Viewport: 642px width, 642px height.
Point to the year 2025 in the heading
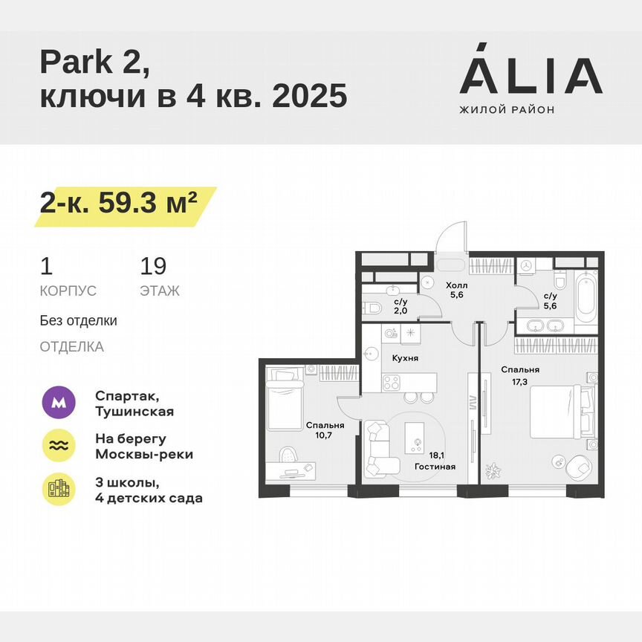tap(310, 96)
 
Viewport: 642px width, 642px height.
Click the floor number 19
tap(153, 266)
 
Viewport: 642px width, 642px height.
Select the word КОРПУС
tap(68, 291)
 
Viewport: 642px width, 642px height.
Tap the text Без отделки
tap(79, 321)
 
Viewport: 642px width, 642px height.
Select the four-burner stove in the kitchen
tap(391, 383)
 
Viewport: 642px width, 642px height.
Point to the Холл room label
tap(455, 285)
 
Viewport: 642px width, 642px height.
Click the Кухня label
tap(405, 357)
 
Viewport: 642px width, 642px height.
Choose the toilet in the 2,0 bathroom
tap(374, 308)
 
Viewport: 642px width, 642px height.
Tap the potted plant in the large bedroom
tap(493, 470)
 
